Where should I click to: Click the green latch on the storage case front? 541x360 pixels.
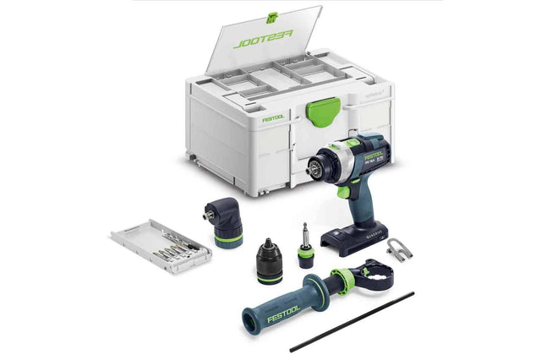323,109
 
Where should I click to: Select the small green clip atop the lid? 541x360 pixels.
271,17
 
